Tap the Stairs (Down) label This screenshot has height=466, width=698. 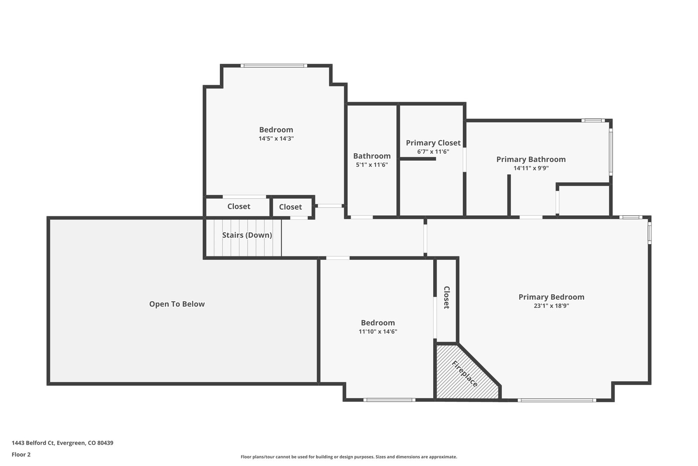pyautogui.click(x=247, y=235)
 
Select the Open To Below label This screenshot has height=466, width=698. pyautogui.click(x=177, y=304)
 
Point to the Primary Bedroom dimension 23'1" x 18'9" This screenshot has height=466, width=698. pyautogui.click(x=551, y=306)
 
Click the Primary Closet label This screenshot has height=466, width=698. pyautogui.click(x=433, y=143)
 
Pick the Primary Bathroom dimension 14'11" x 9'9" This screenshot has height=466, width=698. pyautogui.click(x=531, y=168)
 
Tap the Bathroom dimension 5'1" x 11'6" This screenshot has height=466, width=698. pyautogui.click(x=372, y=165)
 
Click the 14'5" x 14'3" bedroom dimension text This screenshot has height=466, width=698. pyautogui.click(x=276, y=138)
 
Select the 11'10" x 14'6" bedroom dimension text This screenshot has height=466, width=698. pyautogui.click(x=378, y=331)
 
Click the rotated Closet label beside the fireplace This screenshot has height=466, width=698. pyautogui.click(x=447, y=297)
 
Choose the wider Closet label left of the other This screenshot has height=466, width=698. pyautogui.click(x=239, y=206)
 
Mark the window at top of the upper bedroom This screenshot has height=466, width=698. pyautogui.click(x=274, y=66)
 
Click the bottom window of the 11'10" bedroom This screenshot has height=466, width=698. pyautogui.click(x=389, y=400)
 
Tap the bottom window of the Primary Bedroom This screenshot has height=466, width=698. pyautogui.click(x=557, y=400)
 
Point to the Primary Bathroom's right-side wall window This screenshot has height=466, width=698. pyautogui.click(x=611, y=152)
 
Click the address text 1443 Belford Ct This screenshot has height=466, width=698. pyautogui.click(x=33, y=443)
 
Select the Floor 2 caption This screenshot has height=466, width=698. pyautogui.click(x=21, y=455)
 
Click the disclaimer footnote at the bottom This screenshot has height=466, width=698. pyautogui.click(x=349, y=457)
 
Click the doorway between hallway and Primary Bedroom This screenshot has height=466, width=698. pyautogui.click(x=425, y=238)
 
